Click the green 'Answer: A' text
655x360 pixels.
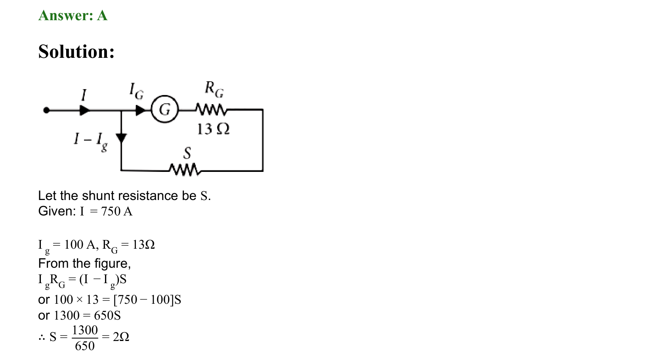click(73, 15)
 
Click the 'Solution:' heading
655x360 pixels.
click(76, 52)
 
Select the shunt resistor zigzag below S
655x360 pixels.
click(185, 170)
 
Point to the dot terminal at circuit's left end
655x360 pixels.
click(46, 110)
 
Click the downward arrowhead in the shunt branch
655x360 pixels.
click(121, 138)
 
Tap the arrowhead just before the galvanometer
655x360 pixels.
click(141, 110)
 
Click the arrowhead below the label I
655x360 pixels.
click(84, 110)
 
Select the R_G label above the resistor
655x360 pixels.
click(214, 90)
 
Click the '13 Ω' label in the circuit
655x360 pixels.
click(213, 129)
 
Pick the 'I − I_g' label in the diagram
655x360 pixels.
click(91, 141)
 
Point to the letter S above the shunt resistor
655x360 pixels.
click(187, 153)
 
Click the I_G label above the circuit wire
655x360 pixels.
click(136, 91)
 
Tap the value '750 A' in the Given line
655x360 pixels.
click(116, 211)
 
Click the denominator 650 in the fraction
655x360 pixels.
click(85, 346)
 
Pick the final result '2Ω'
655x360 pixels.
click(121, 337)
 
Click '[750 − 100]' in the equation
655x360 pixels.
click(143, 300)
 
